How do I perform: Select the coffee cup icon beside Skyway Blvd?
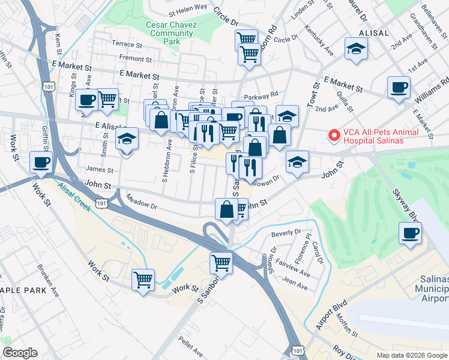point(411,233)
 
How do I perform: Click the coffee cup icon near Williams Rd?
point(399,88)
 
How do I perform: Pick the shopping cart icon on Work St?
point(143,280)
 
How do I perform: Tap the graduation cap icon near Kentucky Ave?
point(356,49)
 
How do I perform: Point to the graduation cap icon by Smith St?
point(127,139)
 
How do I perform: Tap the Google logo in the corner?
point(20,353)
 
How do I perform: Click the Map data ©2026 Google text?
point(411,355)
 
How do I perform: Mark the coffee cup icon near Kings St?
point(86,100)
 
